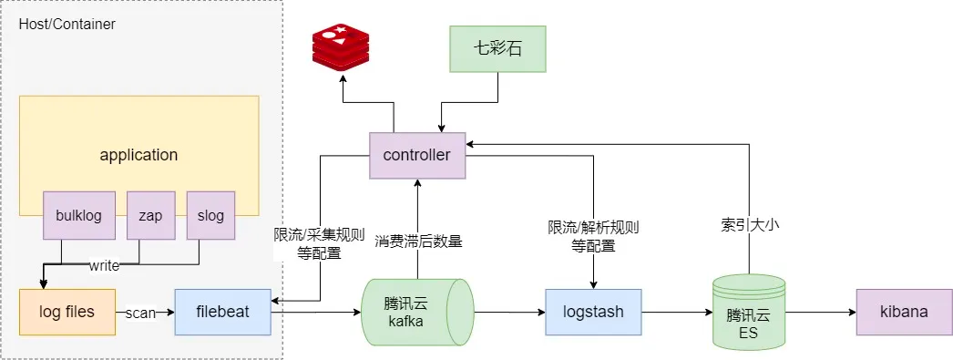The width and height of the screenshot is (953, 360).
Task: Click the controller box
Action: (x=416, y=155)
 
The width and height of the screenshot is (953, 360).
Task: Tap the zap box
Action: (x=149, y=216)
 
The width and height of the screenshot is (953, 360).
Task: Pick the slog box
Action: (x=210, y=216)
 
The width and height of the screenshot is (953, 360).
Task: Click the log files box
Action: (x=67, y=312)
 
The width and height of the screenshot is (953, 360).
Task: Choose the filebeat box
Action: (x=222, y=312)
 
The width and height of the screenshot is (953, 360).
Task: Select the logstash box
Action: (x=593, y=312)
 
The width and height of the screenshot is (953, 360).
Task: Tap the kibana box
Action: (x=903, y=312)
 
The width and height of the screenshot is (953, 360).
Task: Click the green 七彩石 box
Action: (x=498, y=49)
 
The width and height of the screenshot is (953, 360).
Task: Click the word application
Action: (x=138, y=155)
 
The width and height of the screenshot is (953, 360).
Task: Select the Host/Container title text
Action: (x=67, y=25)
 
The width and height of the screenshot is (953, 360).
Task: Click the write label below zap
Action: (x=104, y=266)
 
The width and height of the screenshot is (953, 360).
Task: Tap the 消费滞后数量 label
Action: (x=418, y=242)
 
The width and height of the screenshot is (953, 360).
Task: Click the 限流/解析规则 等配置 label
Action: (x=593, y=235)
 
